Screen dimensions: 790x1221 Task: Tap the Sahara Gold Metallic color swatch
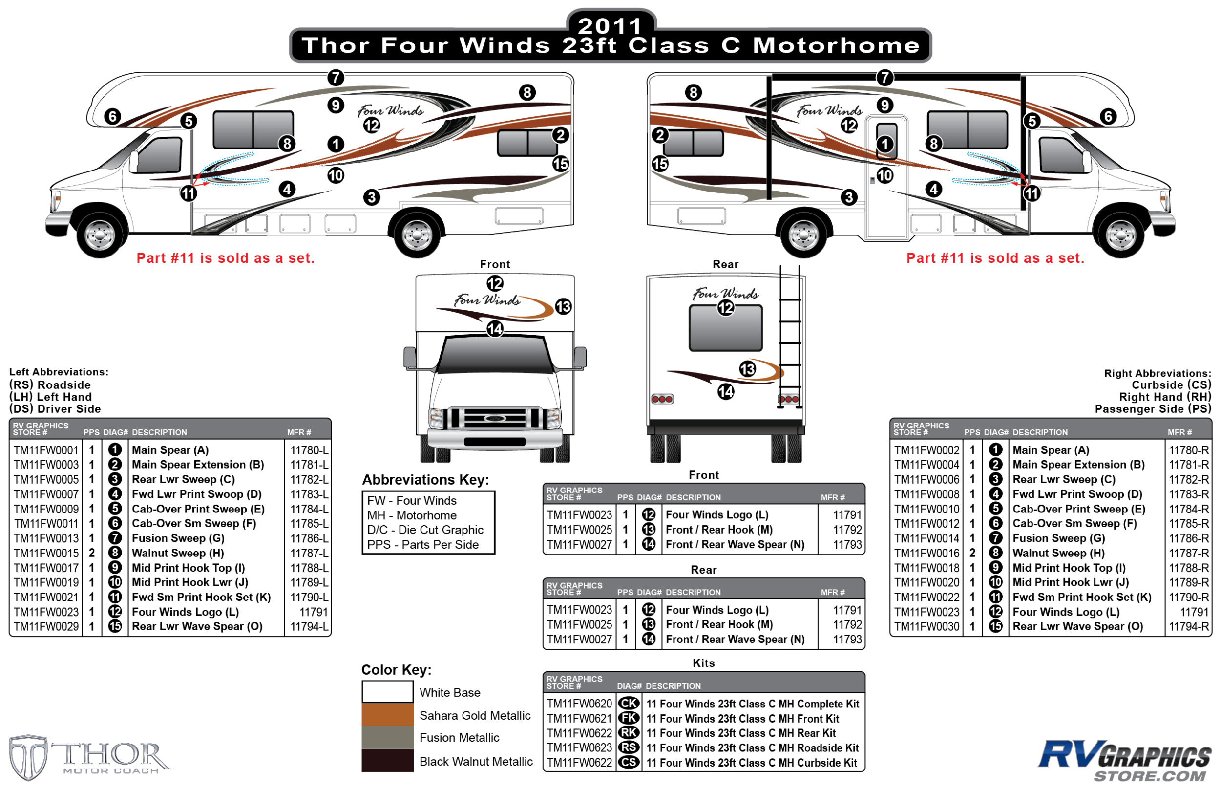click(387, 715)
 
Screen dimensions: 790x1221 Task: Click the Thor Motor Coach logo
click(90, 757)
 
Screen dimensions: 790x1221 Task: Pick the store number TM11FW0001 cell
click(46, 450)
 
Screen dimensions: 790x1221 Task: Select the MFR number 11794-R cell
click(1188, 626)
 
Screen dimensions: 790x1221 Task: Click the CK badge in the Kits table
click(629, 704)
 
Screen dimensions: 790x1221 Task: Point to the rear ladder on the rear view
click(789, 339)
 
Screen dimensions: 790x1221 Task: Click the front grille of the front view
click(494, 418)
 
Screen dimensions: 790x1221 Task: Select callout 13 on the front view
click(563, 306)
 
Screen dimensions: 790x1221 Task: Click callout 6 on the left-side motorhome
click(112, 116)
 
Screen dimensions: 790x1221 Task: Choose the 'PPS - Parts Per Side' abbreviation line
click(422, 544)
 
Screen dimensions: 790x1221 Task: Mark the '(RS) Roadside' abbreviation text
click(50, 385)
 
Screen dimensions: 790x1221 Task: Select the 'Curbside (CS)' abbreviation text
click(1171, 385)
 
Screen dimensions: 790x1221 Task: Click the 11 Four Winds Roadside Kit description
click(752, 747)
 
